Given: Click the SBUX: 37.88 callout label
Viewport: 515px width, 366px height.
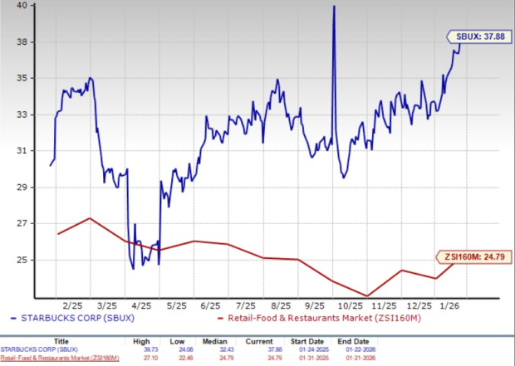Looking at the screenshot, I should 477,37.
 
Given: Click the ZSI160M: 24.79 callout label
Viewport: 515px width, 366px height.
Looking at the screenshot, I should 473,256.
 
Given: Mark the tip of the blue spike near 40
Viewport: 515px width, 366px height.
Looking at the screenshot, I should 334,7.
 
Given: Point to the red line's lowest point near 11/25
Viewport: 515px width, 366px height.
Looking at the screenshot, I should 366,295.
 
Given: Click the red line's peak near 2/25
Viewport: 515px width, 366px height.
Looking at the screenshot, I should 90,218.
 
